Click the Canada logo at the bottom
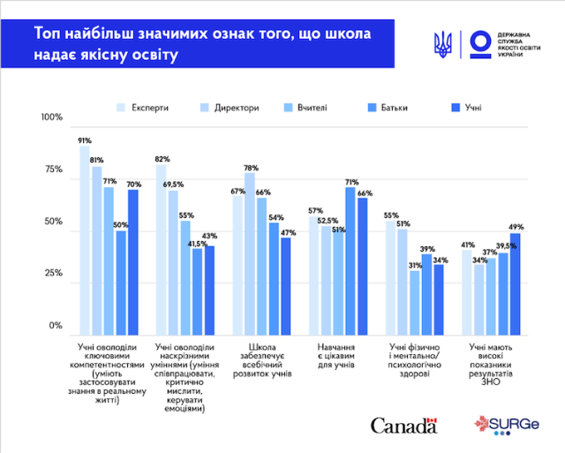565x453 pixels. (403, 426)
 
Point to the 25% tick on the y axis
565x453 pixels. (54, 274)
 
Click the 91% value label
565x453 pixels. (85, 140)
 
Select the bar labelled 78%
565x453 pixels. (250, 248)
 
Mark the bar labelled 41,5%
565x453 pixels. (197, 287)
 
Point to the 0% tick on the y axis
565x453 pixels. (56, 326)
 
